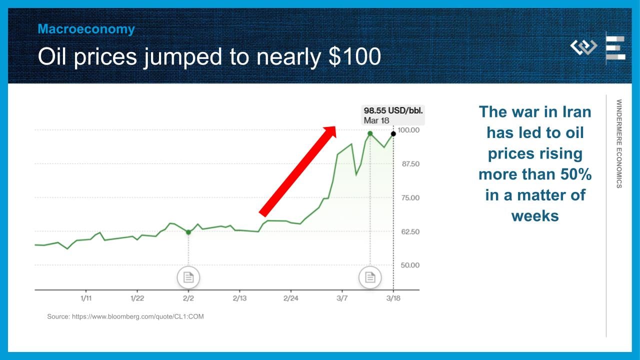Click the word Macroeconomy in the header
click(x=86, y=29)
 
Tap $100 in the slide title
click(x=354, y=56)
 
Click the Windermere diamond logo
click(x=583, y=47)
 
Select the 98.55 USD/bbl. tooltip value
click(x=393, y=110)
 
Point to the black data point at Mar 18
click(x=393, y=133)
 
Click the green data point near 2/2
click(x=188, y=232)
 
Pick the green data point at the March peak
click(x=370, y=133)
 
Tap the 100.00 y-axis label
click(x=408, y=130)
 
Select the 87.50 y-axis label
click(x=410, y=164)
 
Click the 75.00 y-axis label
click(x=410, y=197)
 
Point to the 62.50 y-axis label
click(x=410, y=231)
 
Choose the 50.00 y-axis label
click(x=410, y=265)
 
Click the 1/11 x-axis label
click(x=86, y=298)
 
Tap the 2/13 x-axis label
click(x=239, y=298)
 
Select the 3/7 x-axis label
click(x=342, y=298)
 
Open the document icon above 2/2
click(x=188, y=277)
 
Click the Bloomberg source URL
click(x=137, y=316)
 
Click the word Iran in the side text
click(x=577, y=111)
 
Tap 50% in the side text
click(x=576, y=174)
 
